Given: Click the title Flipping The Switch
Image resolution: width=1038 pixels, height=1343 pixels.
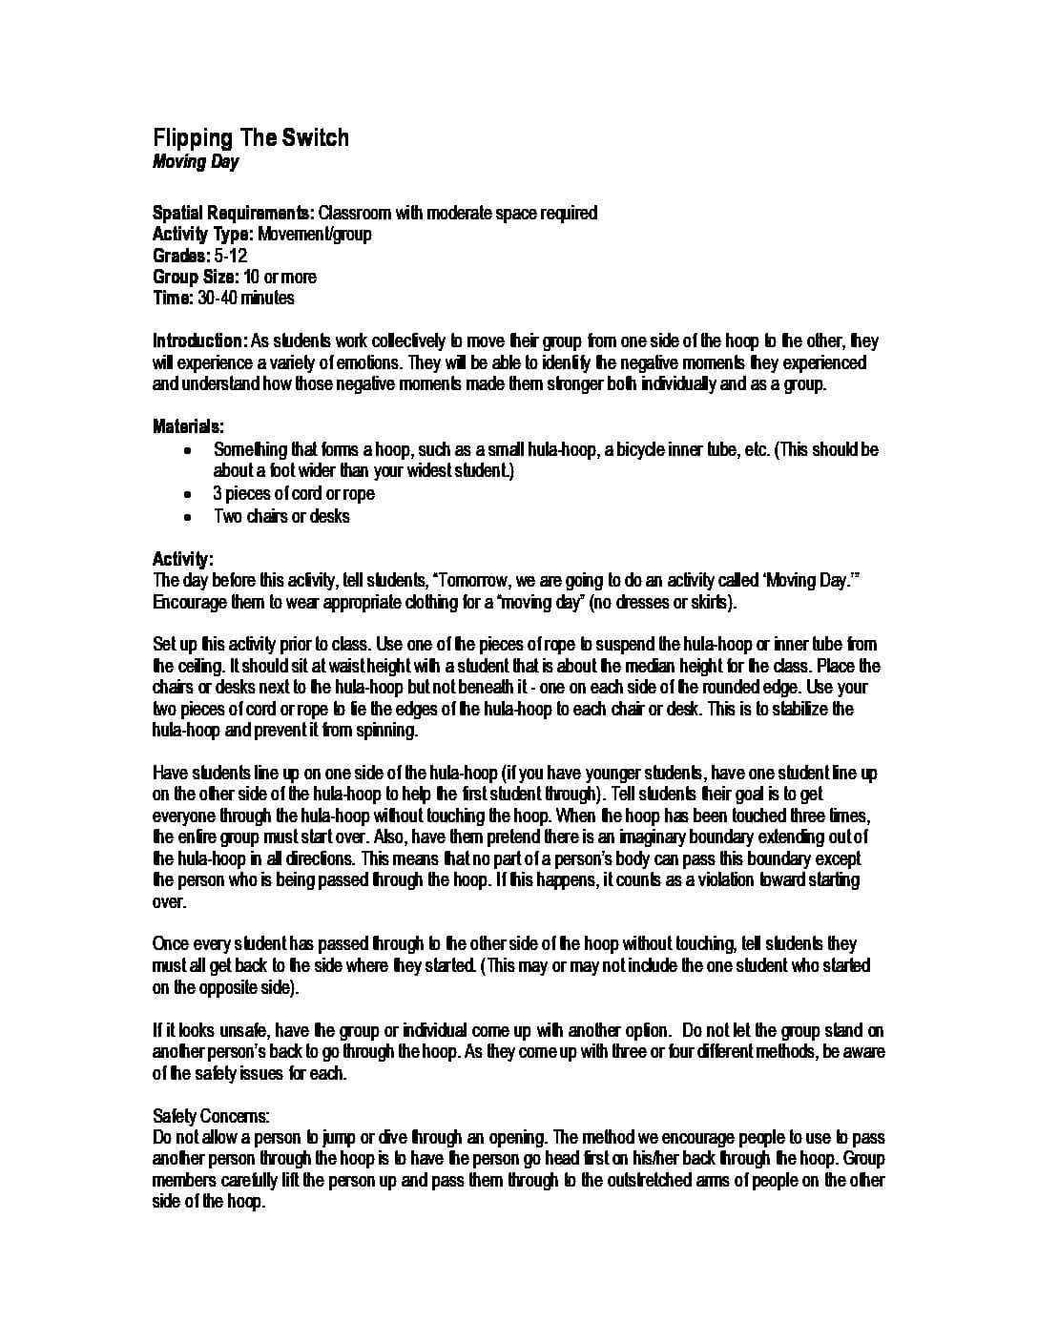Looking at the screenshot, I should [251, 138].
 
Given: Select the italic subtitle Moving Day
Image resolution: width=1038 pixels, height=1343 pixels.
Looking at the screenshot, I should [196, 161].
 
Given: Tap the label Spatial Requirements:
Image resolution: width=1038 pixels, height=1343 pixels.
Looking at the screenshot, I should [233, 213].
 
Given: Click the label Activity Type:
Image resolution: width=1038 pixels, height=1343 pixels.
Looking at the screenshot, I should [203, 235].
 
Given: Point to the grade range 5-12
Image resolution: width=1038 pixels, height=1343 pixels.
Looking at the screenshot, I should [231, 256].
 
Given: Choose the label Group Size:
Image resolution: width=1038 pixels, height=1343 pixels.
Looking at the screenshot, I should [195, 278].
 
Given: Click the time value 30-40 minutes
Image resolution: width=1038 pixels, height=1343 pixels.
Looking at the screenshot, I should [246, 299].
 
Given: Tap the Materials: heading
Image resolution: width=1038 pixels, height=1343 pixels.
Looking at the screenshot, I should [189, 426].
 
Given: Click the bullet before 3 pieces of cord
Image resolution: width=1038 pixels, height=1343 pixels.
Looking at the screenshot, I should [189, 494].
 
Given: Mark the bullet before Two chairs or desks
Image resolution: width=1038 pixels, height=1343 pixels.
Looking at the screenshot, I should [189, 517].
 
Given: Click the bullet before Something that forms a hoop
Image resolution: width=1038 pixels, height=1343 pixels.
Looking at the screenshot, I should [189, 449].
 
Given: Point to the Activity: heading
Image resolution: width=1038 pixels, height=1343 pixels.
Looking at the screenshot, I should [183, 559].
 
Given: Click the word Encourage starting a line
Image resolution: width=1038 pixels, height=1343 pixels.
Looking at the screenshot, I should [186, 603].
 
